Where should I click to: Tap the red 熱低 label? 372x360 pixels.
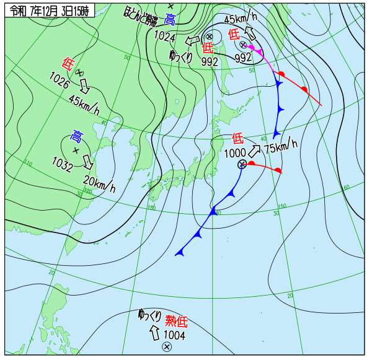[175, 321]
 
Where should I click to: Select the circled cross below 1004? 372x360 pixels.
[166, 347]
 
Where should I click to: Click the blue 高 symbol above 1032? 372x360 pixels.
[76, 136]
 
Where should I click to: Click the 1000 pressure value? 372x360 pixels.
[234, 153]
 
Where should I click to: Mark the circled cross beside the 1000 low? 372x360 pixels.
[243, 164]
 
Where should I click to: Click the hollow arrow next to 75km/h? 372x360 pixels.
[255, 151]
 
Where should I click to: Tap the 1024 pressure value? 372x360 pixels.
[166, 37]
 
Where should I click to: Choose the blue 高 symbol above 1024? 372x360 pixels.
[170, 20]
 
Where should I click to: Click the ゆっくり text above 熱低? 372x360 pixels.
[150, 314]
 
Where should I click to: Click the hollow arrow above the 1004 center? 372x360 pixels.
[154, 334]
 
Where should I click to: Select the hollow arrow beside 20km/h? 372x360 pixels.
[88, 164]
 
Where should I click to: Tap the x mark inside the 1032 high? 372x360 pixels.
[76, 151]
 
